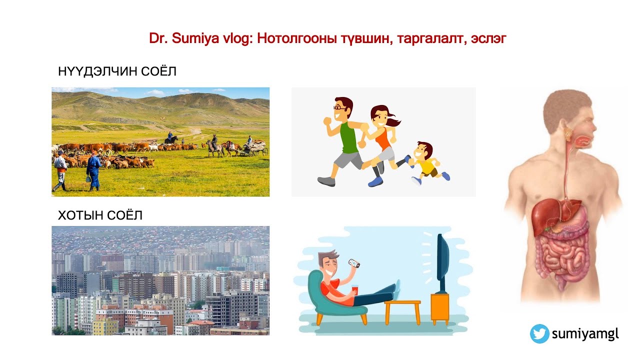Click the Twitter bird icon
click(x=539, y=334)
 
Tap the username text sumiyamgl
click(x=585, y=334)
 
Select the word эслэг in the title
click(x=488, y=39)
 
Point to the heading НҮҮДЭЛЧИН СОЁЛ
click(x=117, y=71)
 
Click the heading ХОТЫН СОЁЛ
click(x=100, y=215)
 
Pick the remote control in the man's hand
click(x=354, y=263)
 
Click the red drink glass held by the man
click(x=355, y=290)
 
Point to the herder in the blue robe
click(x=93, y=170)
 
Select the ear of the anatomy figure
click(x=568, y=132)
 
